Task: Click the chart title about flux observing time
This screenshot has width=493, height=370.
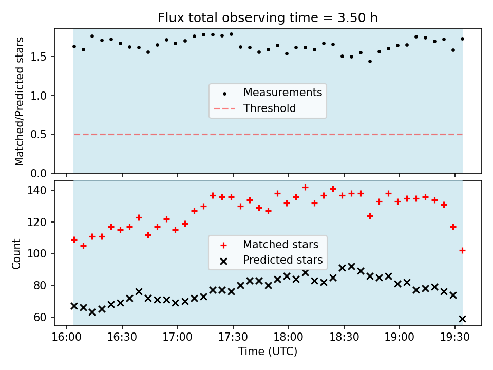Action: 267,18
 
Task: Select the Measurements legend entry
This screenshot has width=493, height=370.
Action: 282,92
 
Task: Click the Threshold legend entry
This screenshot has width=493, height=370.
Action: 270,108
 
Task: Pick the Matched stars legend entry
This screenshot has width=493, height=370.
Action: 280,244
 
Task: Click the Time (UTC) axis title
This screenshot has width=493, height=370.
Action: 268,351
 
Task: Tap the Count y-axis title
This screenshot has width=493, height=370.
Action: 16,253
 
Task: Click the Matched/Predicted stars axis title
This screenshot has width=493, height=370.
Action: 20,101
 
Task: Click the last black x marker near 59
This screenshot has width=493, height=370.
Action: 462,319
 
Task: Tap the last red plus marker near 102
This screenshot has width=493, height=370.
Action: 462,250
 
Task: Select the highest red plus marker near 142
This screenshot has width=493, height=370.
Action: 305,188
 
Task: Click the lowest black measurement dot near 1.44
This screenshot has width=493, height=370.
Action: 370,62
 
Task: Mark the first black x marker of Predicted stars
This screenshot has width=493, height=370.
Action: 74,306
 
